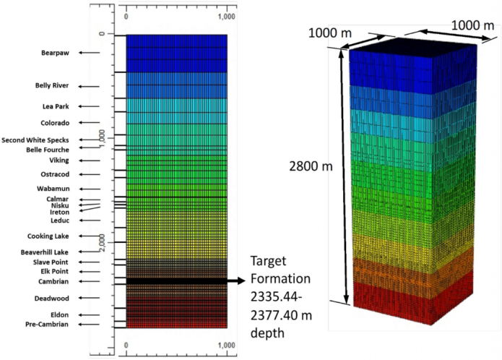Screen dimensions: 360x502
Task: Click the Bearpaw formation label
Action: (x=55, y=53)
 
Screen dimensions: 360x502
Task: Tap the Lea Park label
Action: (x=56, y=106)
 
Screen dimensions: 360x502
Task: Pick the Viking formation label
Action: (x=59, y=160)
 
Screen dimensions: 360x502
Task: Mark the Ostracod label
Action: (x=56, y=174)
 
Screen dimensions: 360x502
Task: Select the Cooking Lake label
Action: (x=48, y=236)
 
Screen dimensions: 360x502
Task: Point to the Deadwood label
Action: (x=51, y=298)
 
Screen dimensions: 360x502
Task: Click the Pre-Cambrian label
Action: (x=47, y=325)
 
